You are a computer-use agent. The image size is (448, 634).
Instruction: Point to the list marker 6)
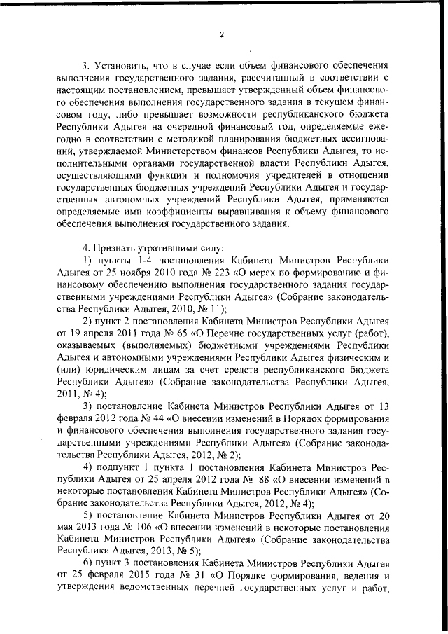pos(87,565)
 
